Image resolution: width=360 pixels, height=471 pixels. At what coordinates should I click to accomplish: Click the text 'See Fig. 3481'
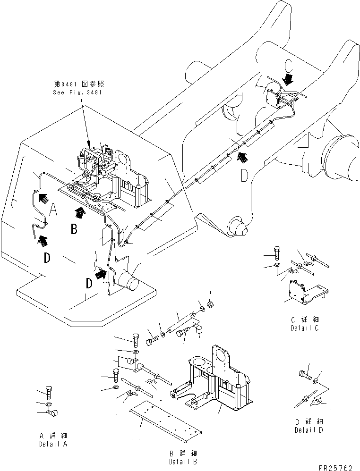[77, 92]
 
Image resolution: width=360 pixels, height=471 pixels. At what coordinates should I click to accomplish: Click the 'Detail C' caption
[305, 328]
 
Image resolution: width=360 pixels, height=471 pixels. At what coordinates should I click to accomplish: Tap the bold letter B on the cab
[74, 229]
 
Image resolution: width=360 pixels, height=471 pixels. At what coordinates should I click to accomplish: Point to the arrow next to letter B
[81, 213]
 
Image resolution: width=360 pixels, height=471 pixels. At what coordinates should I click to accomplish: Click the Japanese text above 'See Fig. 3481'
[78, 84]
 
